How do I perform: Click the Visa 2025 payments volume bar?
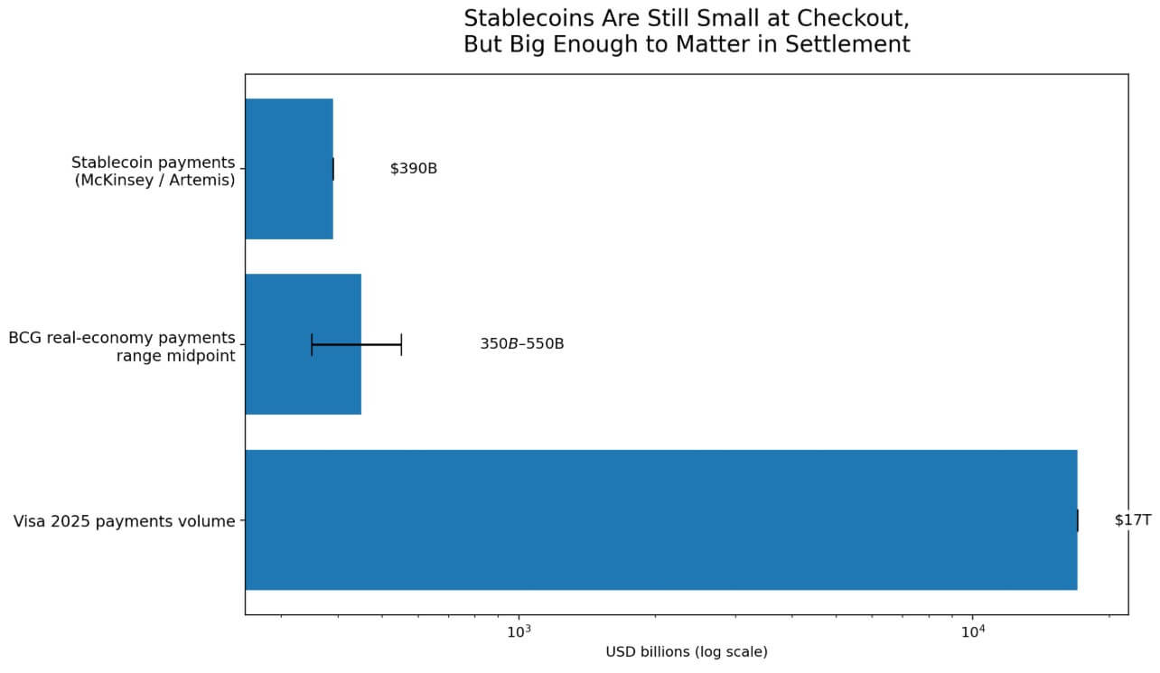(x=660, y=520)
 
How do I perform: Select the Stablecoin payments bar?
(x=289, y=169)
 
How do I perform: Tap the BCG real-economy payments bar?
(x=303, y=344)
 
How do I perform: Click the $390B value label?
(x=414, y=169)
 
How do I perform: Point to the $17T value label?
(x=1132, y=520)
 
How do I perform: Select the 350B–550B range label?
(x=521, y=344)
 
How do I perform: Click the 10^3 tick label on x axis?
(x=519, y=631)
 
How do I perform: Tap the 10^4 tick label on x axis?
(x=972, y=631)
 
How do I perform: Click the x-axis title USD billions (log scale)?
(x=687, y=652)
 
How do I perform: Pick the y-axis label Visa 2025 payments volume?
(x=124, y=521)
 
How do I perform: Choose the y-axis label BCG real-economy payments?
(x=122, y=338)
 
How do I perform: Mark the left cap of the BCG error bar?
(x=312, y=344)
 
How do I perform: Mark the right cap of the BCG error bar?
(x=401, y=344)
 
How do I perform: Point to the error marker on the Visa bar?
(x=1078, y=520)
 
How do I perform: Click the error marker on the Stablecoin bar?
(x=333, y=169)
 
